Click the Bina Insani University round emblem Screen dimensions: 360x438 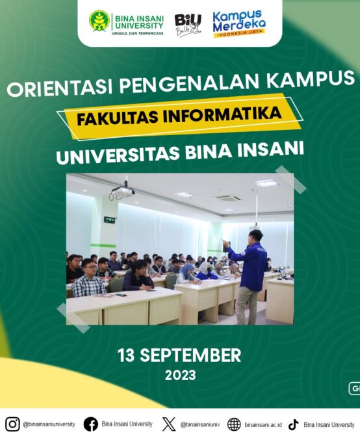(99, 21)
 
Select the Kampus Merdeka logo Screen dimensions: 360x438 (238, 24)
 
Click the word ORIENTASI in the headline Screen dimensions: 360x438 (59, 87)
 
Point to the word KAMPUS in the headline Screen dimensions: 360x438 (310, 79)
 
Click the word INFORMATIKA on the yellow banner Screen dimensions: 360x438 (222, 115)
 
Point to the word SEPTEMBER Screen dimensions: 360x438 (190, 355)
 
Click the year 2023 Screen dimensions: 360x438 (180, 375)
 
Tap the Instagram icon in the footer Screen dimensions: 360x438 (12, 424)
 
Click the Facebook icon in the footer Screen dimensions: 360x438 (91, 424)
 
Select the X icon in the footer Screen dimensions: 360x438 (169, 424)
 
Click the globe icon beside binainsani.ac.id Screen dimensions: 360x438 (234, 424)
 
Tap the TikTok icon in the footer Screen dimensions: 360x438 (293, 424)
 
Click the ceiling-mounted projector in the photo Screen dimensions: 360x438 (122, 192)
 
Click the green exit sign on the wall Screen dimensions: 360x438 (110, 220)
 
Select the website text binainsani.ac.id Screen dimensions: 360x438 (263, 425)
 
